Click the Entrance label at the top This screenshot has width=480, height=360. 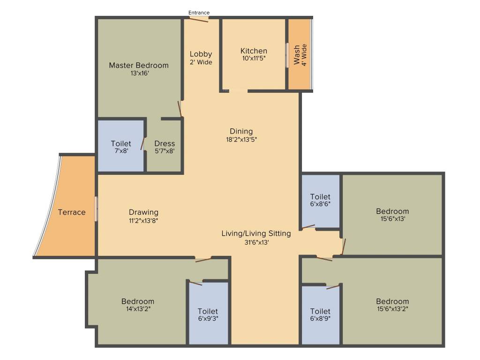199,13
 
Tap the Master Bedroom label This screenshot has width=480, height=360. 138,65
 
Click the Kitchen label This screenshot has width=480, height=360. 254,51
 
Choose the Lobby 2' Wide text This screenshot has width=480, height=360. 201,58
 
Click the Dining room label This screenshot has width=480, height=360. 241,131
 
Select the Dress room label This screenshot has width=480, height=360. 165,143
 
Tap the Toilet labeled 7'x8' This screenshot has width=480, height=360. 121,143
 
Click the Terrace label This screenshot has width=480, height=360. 72,212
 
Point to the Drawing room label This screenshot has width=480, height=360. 143,212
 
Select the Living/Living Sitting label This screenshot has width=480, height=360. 256,233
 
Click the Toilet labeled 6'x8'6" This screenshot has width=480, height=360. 320,197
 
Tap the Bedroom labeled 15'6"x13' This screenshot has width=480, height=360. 392,211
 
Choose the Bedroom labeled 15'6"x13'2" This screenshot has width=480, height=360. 392,301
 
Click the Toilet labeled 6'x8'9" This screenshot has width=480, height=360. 320,311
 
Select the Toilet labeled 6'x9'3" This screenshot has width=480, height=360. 208,311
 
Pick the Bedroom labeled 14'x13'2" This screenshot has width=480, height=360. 137,301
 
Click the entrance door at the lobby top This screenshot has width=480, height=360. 199,19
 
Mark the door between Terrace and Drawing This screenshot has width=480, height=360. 96,209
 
